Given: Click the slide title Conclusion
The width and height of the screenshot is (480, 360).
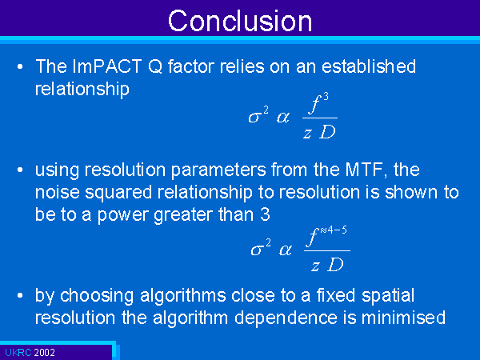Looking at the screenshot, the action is click(240, 21).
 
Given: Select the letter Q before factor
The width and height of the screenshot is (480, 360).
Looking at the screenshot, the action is click(155, 66).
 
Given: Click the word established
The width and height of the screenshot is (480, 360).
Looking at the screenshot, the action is click(369, 66).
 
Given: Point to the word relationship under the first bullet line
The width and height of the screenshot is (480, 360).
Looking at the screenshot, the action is click(82, 90).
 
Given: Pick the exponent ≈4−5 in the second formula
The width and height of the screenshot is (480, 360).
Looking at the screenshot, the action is click(334, 230).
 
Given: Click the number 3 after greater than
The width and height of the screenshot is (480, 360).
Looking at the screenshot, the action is click(265, 214).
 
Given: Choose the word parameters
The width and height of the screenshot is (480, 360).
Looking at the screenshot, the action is click(218, 170).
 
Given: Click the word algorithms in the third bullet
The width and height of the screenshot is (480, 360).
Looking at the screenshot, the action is click(182, 296).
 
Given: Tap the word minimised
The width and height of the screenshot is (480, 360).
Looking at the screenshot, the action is click(403, 318).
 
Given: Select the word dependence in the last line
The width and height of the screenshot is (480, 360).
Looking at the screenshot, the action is click(286, 318).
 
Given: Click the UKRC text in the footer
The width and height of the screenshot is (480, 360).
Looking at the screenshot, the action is click(18, 352).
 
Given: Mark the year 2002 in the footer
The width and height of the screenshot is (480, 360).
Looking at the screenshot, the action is click(44, 352).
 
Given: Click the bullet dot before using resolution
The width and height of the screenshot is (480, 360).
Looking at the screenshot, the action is click(20, 170).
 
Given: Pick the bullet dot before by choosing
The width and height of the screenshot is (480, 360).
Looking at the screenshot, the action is click(20, 296).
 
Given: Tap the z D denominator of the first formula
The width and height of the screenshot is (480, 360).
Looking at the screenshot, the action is click(319, 132).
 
